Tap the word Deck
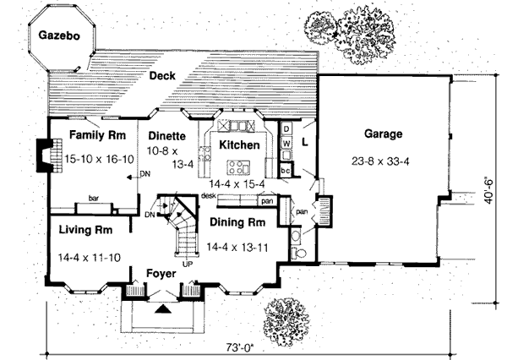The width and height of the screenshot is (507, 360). pos(162,76)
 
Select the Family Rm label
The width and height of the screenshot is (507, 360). pos(98,135)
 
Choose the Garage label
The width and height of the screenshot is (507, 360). pos(383,134)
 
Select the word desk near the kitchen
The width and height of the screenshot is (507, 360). pos(210,195)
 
